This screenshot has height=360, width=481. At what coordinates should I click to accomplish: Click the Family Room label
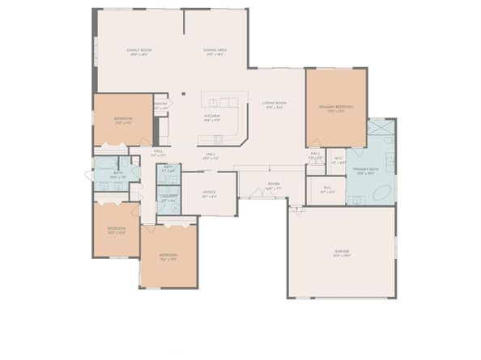pyautogui.click(x=139, y=50)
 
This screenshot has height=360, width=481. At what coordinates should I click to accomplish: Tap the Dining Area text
pyautogui.click(x=215, y=50)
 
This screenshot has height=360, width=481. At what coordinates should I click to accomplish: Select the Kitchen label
pyautogui.click(x=212, y=116)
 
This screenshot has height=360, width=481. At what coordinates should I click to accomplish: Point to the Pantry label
pyautogui.click(x=160, y=104)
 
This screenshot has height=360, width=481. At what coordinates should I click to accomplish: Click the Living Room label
pyautogui.click(x=275, y=103)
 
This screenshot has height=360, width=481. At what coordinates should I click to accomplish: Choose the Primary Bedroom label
pyautogui.click(x=334, y=107)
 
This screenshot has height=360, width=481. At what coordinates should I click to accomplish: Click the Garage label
pyautogui.click(x=342, y=252)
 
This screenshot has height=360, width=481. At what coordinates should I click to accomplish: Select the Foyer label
pyautogui.click(x=274, y=184)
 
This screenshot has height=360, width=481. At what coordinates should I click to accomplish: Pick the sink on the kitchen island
pyautogui.click(x=215, y=103)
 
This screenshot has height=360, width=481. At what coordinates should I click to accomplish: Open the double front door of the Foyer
pyautogui.click(x=274, y=197)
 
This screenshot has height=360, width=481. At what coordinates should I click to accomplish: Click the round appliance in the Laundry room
pyautogui.click(x=173, y=206)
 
